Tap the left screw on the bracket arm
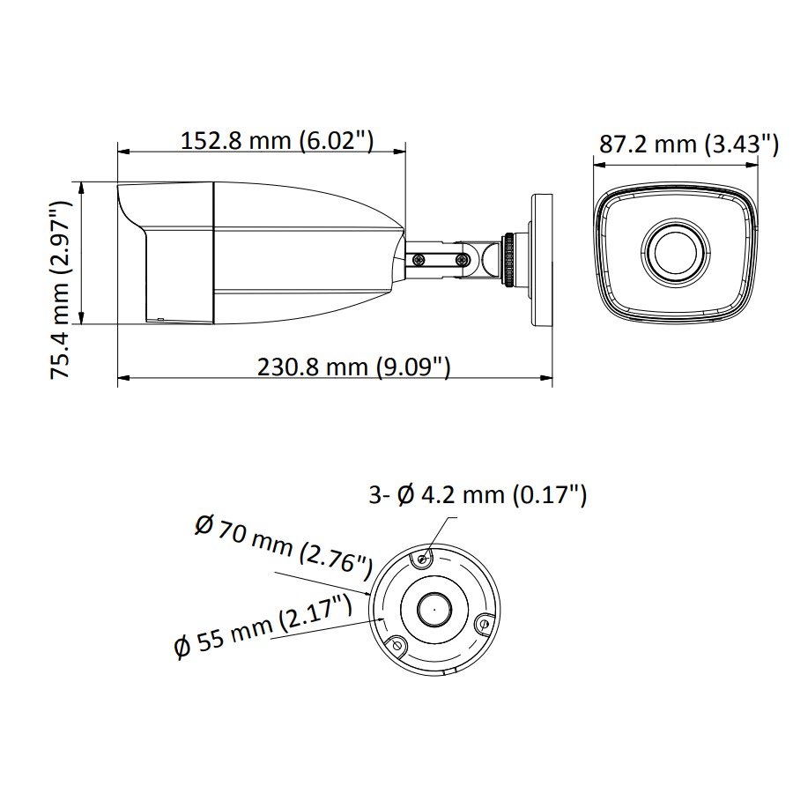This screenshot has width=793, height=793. click(x=419, y=259)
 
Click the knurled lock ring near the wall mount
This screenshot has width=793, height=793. click(x=509, y=258)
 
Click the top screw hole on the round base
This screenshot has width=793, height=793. click(x=423, y=559)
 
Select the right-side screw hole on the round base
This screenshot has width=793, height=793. click(x=481, y=623)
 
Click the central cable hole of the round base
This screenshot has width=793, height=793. click(x=433, y=609)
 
